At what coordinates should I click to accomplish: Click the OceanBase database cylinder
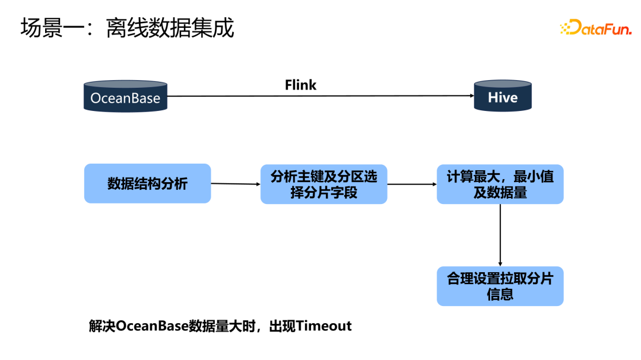coord(125,96)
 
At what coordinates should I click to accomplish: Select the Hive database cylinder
coord(503,96)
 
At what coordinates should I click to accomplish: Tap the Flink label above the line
coord(300,85)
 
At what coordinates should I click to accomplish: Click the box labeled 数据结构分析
coord(147,184)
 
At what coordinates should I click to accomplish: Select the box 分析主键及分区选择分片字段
coord(323,184)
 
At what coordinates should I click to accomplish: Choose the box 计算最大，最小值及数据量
coord(500,184)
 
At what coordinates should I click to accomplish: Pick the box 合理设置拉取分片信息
coord(500,286)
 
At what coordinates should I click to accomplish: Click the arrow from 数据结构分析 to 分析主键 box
coord(236,184)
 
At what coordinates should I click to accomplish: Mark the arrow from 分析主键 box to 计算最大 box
coord(412,184)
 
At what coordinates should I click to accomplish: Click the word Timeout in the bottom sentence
coord(324,326)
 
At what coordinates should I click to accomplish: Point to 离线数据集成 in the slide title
coord(170,28)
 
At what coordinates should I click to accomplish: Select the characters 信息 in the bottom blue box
coord(500,295)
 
